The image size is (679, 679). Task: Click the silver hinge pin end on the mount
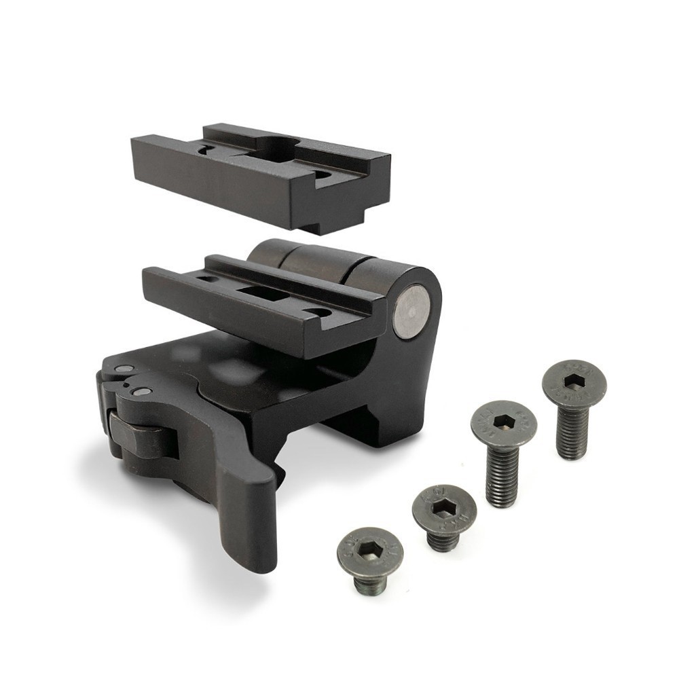click(411, 312)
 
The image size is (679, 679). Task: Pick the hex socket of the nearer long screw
click(504, 422)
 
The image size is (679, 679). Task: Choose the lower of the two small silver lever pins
click(143, 392)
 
